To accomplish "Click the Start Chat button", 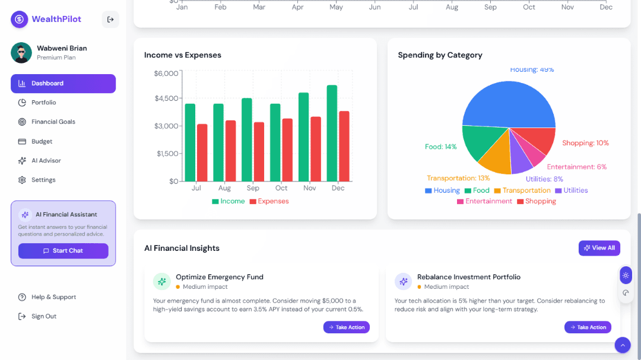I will pyautogui.click(x=63, y=251).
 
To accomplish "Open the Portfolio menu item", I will pyautogui.click(x=43, y=103).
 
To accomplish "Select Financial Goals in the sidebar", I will pyautogui.click(x=53, y=122).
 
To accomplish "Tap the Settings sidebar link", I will pyautogui.click(x=43, y=180).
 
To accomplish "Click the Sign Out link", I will pyautogui.click(x=43, y=316).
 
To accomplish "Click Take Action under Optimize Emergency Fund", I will pyautogui.click(x=347, y=327).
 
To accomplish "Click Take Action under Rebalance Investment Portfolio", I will pyautogui.click(x=588, y=327).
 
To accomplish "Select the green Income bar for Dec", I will pyautogui.click(x=332, y=133).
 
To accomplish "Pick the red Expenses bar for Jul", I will pyautogui.click(x=202, y=153).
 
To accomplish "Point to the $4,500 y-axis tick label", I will pyautogui.click(x=166, y=98).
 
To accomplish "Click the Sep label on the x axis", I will pyautogui.click(x=253, y=188).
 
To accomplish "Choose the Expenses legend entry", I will pyautogui.click(x=269, y=201).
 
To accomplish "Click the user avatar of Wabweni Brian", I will pyautogui.click(x=21, y=53).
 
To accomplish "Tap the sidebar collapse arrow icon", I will pyautogui.click(x=110, y=20).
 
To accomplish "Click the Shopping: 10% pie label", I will pyautogui.click(x=585, y=143).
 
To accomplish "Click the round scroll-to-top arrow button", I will pyautogui.click(x=623, y=345).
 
